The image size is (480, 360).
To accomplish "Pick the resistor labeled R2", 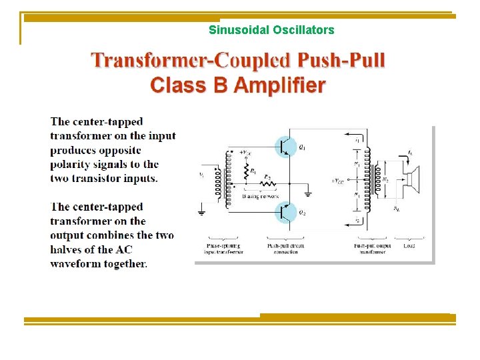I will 266,182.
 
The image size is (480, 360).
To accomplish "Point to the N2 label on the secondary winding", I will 385,179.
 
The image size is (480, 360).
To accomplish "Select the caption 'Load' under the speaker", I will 409,245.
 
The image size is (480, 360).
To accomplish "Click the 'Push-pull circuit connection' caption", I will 285,249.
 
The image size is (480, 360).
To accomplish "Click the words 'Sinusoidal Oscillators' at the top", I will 271,30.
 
